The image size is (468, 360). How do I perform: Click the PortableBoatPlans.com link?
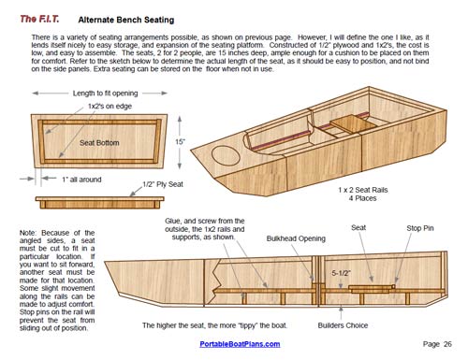pyautogui.click(x=240, y=344)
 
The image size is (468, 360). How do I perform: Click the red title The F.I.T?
pyautogui.click(x=39, y=19)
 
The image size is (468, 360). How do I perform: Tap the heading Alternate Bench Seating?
pyautogui.click(x=126, y=20)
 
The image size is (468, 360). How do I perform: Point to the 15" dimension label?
pyautogui.click(x=180, y=142)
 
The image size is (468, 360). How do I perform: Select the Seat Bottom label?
pyautogui.click(x=99, y=143)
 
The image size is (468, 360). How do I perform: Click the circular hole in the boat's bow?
pyautogui.click(x=227, y=155)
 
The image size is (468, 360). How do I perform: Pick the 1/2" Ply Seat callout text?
pyautogui.click(x=163, y=184)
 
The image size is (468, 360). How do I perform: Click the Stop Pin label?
pyautogui.click(x=420, y=228)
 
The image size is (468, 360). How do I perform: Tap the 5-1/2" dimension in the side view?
pyautogui.click(x=341, y=273)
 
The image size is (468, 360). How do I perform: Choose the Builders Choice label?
pyautogui.click(x=343, y=325)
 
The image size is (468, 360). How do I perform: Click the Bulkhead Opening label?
pyautogui.click(x=296, y=238)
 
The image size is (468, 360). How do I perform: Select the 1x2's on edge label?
pyautogui.click(x=110, y=107)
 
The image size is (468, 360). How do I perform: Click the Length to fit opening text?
pyautogui.click(x=105, y=94)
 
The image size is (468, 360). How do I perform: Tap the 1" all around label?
pyautogui.click(x=81, y=180)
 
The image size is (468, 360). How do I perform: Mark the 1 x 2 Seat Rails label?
pyautogui.click(x=363, y=190)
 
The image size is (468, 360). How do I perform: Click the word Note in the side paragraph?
pyautogui.click(x=28, y=233)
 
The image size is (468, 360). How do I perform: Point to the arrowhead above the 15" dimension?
pyautogui.click(x=180, y=119)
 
